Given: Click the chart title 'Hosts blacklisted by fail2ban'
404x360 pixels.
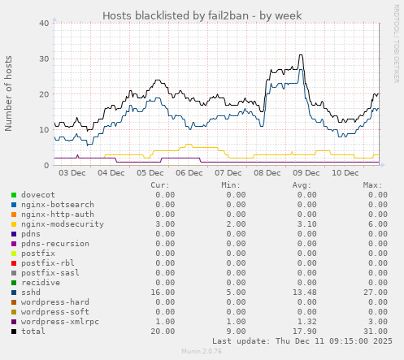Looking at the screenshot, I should [x=202, y=15].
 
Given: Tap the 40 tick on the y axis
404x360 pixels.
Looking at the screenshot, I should [x=44, y=23].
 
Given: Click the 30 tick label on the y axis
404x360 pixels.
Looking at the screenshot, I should [x=44, y=59].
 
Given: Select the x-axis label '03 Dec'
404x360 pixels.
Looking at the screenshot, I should [x=72, y=172].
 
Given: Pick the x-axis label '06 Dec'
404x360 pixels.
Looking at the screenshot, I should [x=189, y=172].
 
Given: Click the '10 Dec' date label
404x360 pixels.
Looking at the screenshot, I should [x=345, y=172].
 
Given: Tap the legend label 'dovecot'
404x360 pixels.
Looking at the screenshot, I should [x=37, y=195].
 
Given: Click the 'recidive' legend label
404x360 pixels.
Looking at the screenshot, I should [x=40, y=283].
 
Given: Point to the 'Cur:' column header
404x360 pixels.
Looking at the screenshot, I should [x=161, y=185].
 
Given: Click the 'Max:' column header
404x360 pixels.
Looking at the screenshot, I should [x=372, y=185].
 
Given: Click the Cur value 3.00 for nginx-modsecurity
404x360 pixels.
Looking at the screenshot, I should [x=164, y=224].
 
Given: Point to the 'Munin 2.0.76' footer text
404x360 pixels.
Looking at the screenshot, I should [x=202, y=353].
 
